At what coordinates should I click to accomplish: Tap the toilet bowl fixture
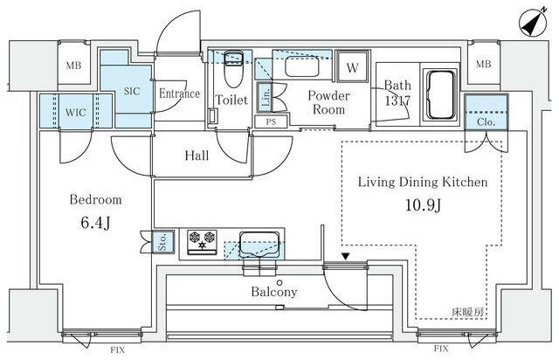point(233,69)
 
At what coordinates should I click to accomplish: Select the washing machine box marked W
point(352,67)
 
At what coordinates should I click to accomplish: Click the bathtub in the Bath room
point(441,94)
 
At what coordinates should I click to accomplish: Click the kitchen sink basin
point(259,245)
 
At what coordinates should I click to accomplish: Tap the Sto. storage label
point(163,242)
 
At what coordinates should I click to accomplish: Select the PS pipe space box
point(271,121)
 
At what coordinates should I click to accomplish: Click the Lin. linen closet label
point(266,97)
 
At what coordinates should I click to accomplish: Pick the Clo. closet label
point(486,122)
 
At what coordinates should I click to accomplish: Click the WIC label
point(76,113)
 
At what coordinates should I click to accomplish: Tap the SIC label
point(132,91)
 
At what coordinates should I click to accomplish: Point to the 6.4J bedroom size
point(95,223)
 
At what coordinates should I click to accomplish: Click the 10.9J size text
point(423,205)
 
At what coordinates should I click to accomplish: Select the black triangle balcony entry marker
point(345,256)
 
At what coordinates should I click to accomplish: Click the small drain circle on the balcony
point(279,282)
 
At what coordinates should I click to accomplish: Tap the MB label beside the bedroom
point(73,66)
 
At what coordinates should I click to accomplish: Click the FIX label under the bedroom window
point(117,350)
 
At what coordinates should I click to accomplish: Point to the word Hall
point(197,156)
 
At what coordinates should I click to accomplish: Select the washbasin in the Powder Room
point(302,68)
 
